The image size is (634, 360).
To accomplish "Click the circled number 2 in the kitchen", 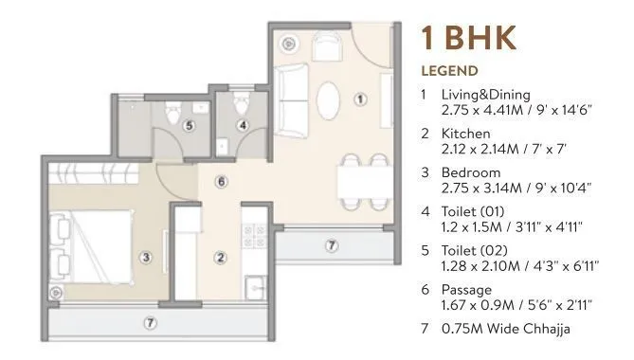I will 220,256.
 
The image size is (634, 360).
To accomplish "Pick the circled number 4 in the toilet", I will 242,124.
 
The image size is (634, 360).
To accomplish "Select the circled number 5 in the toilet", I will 189,124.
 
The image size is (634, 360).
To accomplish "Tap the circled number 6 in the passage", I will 220,181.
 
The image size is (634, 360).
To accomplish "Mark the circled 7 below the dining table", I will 331,246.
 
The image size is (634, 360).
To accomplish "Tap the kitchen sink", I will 254,287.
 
